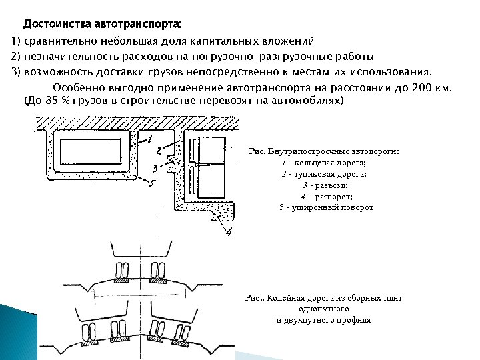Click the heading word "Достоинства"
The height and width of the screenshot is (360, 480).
(x=58, y=25)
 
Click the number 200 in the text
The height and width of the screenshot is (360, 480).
(x=422, y=88)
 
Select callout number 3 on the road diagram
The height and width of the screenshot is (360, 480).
(x=155, y=167)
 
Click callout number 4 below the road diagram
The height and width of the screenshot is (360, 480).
(x=227, y=233)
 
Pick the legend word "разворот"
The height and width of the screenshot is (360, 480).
(x=334, y=196)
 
